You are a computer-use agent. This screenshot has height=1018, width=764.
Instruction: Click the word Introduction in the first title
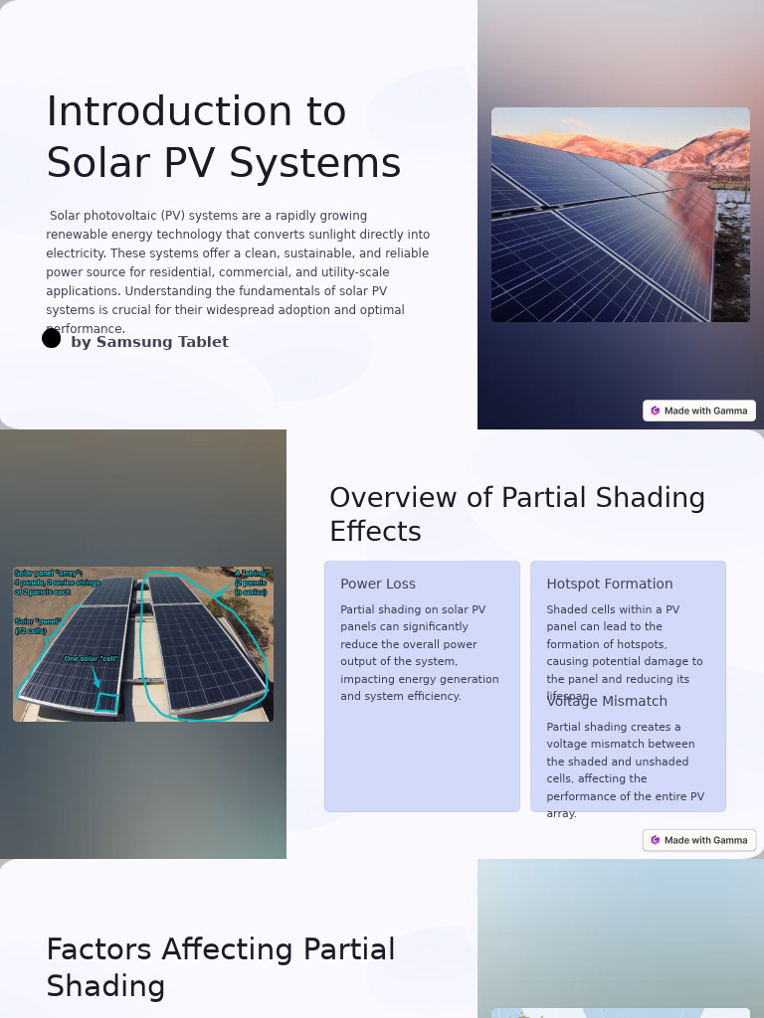point(196,112)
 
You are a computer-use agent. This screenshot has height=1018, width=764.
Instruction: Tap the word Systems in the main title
point(333,164)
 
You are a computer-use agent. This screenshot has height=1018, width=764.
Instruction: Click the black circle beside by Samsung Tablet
point(52,338)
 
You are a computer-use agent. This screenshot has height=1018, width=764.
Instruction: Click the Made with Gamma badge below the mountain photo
point(699,411)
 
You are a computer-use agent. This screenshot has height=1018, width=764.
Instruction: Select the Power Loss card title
point(378,585)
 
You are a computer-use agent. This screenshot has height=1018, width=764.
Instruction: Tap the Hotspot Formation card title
point(610,585)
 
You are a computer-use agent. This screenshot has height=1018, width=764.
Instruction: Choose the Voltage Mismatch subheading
point(607,702)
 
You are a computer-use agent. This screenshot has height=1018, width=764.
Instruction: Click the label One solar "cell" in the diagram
point(91,659)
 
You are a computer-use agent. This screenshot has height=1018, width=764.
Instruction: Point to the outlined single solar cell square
point(107,703)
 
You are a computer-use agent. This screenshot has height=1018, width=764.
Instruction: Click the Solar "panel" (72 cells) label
point(37,626)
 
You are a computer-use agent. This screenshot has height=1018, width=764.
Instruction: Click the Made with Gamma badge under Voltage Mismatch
point(699,840)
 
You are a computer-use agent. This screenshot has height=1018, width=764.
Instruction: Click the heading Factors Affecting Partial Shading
point(221,967)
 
